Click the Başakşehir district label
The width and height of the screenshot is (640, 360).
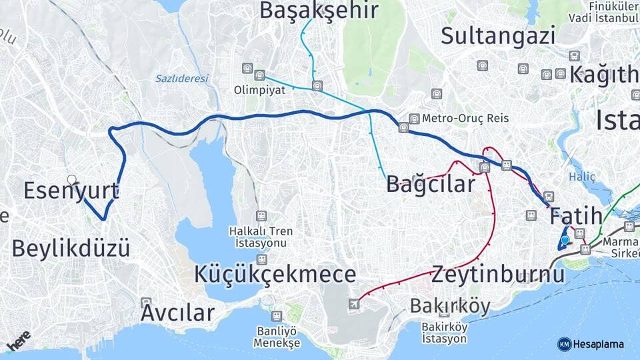click(x=319, y=10)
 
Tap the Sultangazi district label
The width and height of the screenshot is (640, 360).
click(x=498, y=35)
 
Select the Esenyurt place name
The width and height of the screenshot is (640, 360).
click(x=71, y=191)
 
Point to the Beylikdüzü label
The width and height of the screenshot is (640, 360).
click(x=71, y=248)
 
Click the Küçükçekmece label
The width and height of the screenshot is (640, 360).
click(x=275, y=274)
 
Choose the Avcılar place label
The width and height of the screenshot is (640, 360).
click(x=177, y=312)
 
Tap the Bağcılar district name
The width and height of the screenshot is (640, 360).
click(x=431, y=184)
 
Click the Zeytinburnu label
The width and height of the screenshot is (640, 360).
click(x=498, y=274)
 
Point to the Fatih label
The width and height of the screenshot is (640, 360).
click(x=576, y=216)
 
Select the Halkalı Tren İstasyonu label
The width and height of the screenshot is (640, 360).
click(x=260, y=237)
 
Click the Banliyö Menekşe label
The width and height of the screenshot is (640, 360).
click(x=277, y=337)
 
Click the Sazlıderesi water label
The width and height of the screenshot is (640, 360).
click(x=182, y=79)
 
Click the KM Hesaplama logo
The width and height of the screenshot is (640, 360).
click(x=591, y=344)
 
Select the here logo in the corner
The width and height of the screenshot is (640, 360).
click(x=19, y=341)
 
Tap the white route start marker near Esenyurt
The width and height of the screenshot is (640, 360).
click(x=71, y=179)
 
